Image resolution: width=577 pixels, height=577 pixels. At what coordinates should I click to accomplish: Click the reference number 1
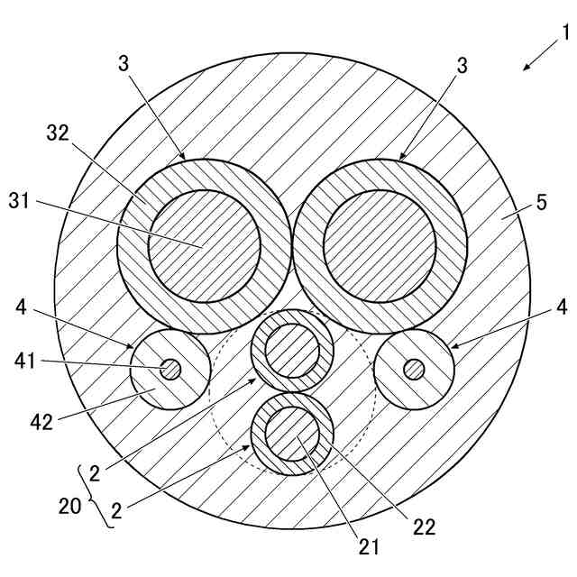(565, 33)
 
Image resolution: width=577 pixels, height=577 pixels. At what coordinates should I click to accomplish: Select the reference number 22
(423, 527)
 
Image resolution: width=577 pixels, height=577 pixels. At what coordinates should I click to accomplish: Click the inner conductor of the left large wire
(204, 244)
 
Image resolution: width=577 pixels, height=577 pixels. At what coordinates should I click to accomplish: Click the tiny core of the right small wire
(415, 369)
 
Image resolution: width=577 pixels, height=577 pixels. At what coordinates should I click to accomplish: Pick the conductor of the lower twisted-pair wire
(292, 434)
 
